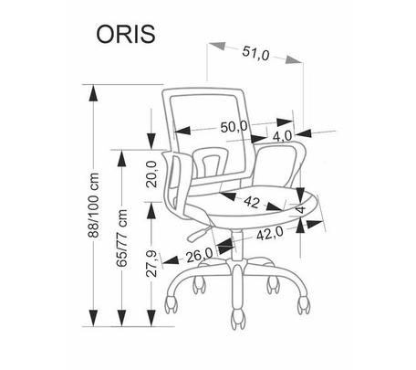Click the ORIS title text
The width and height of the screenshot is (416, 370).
pyautogui.click(x=126, y=34)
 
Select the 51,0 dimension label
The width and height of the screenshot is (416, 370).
pyautogui.click(x=255, y=54)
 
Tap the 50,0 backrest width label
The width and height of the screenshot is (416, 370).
pyautogui.click(x=234, y=127)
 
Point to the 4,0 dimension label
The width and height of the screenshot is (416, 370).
pyautogui.click(x=282, y=136)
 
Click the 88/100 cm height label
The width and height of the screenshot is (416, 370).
pyautogui.click(x=93, y=205)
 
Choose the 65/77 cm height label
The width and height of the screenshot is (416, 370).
pyautogui.click(x=121, y=238)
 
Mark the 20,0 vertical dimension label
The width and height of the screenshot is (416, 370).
pyautogui.click(x=151, y=174)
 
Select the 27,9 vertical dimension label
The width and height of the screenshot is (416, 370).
pyautogui.click(x=151, y=264)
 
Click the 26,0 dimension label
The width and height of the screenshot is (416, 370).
pyautogui.click(x=200, y=256)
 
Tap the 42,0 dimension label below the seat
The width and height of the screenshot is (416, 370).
pyautogui.click(x=270, y=234)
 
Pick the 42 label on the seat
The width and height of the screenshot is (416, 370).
pyautogui.click(x=252, y=202)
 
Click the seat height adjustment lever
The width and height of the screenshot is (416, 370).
pyautogui.click(x=199, y=233)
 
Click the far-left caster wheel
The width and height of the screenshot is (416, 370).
pyautogui.click(x=172, y=303)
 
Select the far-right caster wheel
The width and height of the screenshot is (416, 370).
pyautogui.click(x=304, y=304)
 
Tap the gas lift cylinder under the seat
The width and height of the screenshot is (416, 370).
pyautogui.click(x=236, y=245)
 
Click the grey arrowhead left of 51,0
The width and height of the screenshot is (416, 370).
pyautogui.click(x=216, y=46)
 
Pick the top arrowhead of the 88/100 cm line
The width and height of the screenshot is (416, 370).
pyautogui.click(x=93, y=93)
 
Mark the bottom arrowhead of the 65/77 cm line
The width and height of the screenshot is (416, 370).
pyautogui.click(x=121, y=318)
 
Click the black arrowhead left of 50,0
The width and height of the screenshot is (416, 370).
pyautogui.click(x=183, y=130)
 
